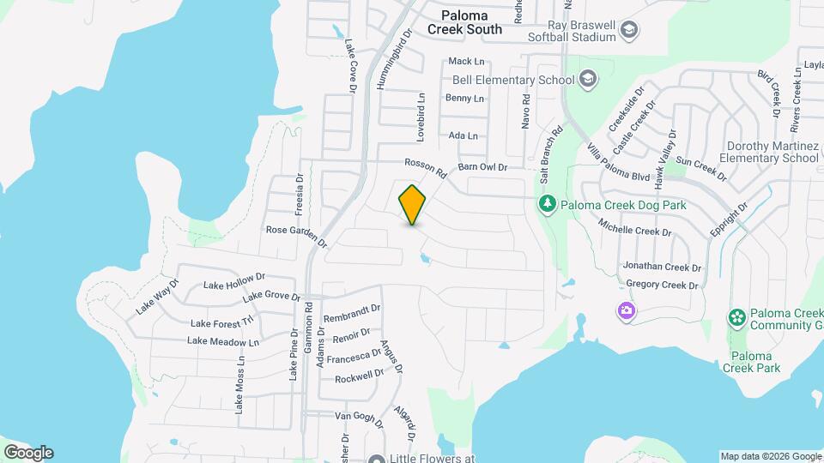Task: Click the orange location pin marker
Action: [x=413, y=205]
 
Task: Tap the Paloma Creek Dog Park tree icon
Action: [x=547, y=204]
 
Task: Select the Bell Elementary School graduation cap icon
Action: [x=588, y=81]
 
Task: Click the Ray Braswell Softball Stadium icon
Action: [x=630, y=31]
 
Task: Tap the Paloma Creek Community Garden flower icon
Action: [x=736, y=318]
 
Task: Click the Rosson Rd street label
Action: [x=427, y=167]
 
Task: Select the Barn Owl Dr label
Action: [x=483, y=167]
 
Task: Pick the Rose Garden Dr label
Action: [x=297, y=236]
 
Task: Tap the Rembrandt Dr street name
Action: [x=352, y=313]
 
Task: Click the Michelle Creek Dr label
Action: [x=634, y=231]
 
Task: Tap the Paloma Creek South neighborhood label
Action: [x=471, y=22]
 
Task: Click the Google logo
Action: [x=28, y=452]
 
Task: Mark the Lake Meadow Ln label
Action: [x=223, y=341]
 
